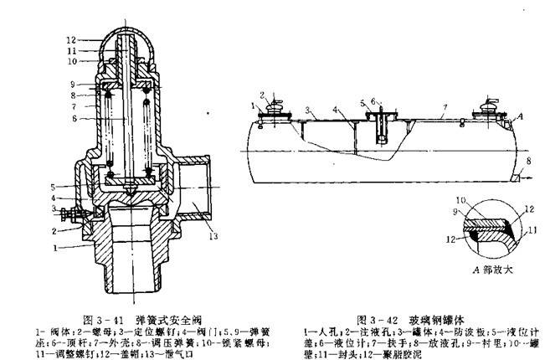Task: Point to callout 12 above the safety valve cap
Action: (x=72, y=39)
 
